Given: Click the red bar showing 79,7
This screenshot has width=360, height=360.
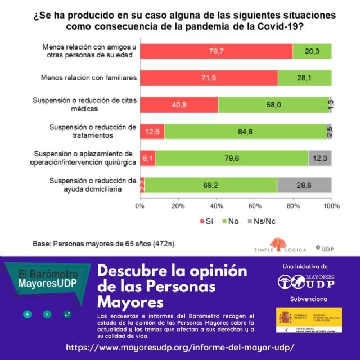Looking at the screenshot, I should (216, 51).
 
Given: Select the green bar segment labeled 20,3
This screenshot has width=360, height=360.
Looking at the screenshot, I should (312, 51).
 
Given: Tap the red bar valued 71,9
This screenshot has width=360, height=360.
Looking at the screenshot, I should (209, 77).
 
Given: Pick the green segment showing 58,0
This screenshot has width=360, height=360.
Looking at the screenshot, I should (273, 104).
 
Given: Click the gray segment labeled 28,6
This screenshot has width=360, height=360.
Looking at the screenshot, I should (304, 184).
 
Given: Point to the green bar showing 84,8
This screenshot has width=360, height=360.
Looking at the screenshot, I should (245, 131).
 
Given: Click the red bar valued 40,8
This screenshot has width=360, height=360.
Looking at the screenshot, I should (179, 104).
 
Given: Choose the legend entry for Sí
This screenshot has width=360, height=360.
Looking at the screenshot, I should (206, 221).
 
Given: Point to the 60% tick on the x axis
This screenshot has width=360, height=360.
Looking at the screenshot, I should (255, 206).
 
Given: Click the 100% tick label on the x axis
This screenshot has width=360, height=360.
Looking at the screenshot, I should (331, 206).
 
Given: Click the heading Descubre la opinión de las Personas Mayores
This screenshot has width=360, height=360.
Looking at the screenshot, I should (172, 286).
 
